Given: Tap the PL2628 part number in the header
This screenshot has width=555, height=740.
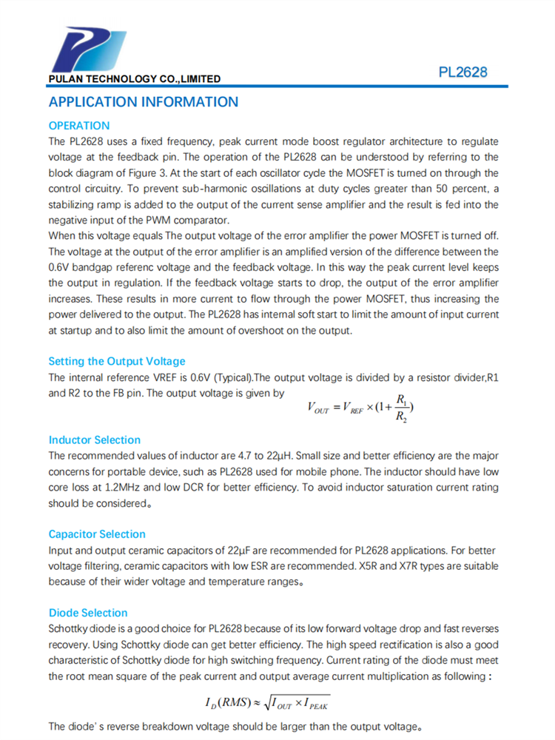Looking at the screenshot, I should coord(462,73).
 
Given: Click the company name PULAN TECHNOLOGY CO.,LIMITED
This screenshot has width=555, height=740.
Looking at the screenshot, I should coord(134,78).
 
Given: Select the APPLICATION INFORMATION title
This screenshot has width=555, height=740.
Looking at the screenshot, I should coord(144,102).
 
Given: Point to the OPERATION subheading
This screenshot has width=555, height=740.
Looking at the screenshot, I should coord(79,126).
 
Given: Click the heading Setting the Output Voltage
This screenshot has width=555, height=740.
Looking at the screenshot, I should coord(117,362).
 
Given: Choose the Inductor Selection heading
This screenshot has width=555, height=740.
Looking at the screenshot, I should coord(95,440).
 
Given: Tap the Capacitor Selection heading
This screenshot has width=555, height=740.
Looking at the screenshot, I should coord(97,534).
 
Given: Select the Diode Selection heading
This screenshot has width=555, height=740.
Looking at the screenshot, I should coord(88,613).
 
